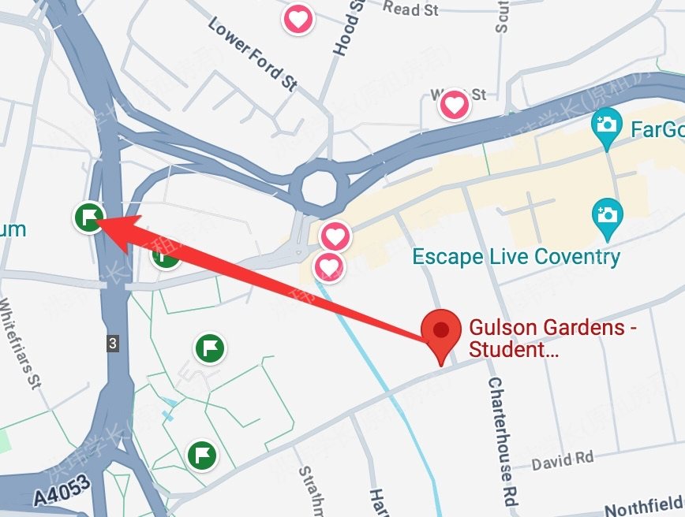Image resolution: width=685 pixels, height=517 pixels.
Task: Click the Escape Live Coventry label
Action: [517, 257]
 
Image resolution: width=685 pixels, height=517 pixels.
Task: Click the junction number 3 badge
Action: [113, 344]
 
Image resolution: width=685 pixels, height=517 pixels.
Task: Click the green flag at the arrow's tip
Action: [89, 215]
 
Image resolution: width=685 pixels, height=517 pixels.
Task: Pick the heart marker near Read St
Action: [298, 18]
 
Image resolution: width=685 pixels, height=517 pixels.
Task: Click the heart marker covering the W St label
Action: [455, 103]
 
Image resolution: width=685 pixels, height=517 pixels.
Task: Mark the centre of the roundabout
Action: [320, 188]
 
